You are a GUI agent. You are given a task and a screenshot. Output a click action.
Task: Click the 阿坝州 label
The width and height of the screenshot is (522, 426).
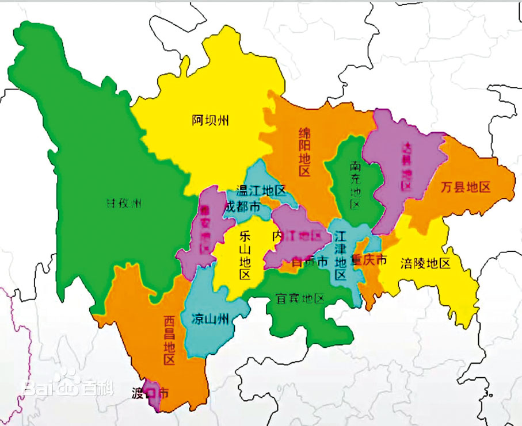pyautogui.click(x=211, y=120)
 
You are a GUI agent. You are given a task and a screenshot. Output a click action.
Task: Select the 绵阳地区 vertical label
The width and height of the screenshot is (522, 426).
pyautogui.click(x=304, y=151)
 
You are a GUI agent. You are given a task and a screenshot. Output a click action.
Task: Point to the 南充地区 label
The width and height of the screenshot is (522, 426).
pyautogui.click(x=356, y=185)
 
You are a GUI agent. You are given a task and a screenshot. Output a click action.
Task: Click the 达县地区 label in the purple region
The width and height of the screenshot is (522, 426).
pyautogui.click(x=406, y=166)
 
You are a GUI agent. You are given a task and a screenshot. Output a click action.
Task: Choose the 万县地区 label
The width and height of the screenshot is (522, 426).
pyautogui.click(x=466, y=187)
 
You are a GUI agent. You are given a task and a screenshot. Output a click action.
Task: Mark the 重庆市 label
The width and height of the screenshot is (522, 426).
pyautogui.click(x=369, y=259)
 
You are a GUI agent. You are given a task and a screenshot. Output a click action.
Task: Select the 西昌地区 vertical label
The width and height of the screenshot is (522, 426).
pyautogui.click(x=168, y=340)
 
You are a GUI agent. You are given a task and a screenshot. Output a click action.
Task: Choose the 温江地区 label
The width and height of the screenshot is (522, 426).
pyautogui.click(x=262, y=190)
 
